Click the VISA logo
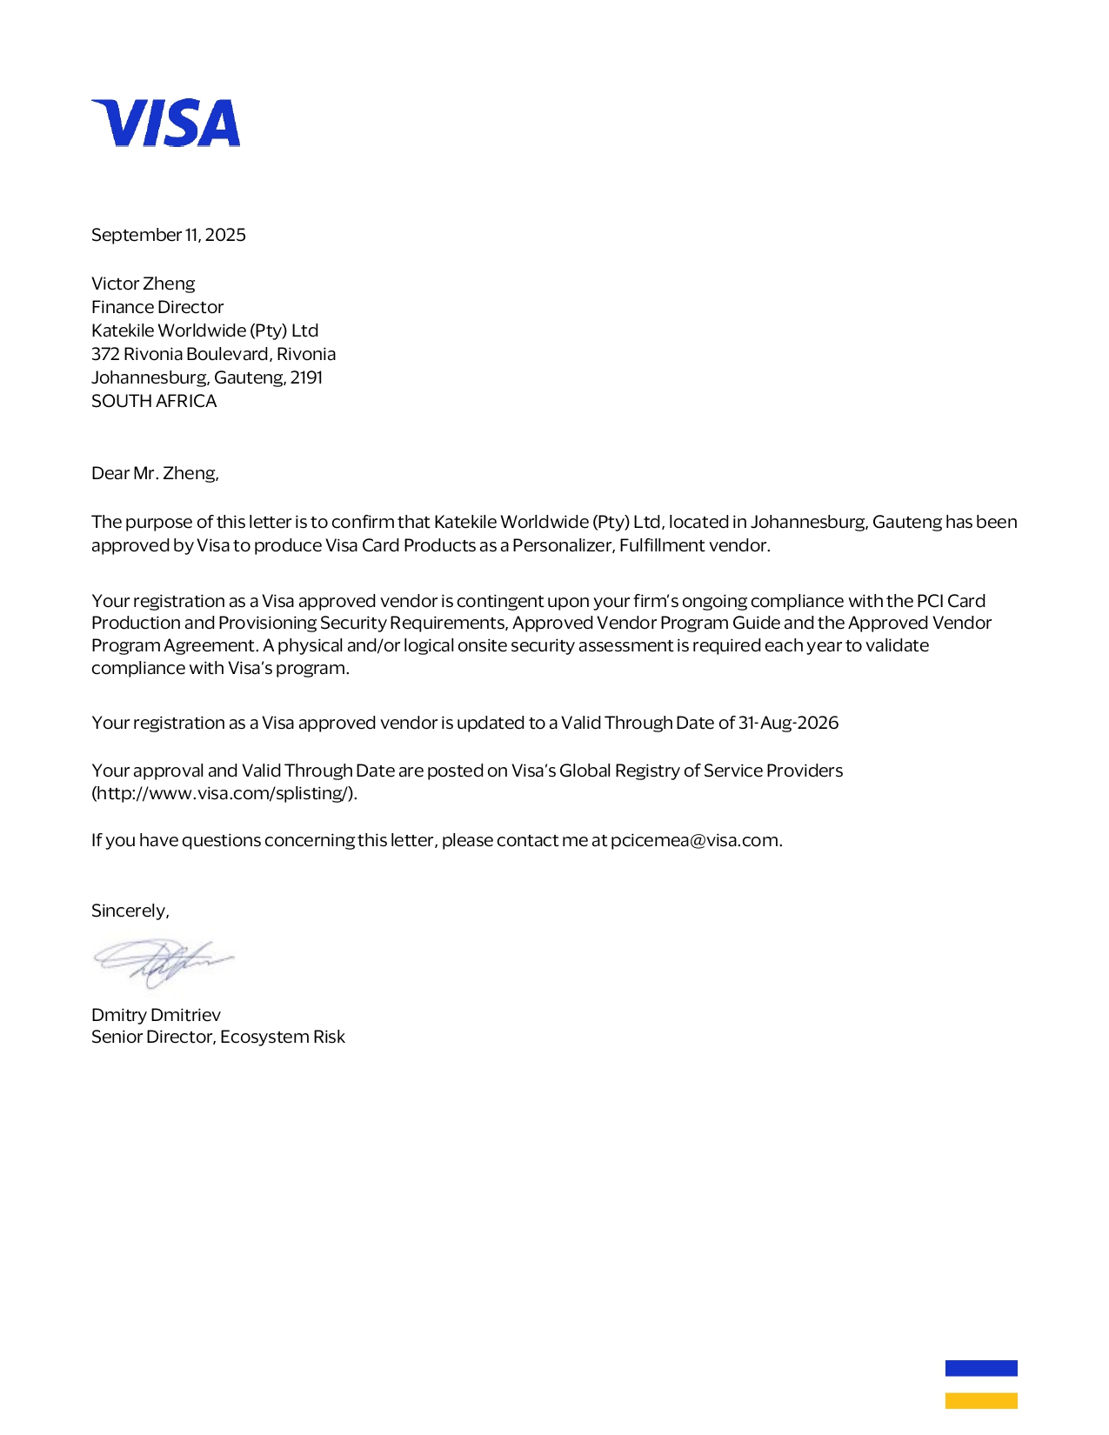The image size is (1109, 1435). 165,123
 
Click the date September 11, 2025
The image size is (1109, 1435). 169,235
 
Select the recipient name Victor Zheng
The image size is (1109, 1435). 144,284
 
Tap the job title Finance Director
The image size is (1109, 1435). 157,307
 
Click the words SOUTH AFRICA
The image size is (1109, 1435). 154,401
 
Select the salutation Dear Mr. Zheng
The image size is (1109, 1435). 155,473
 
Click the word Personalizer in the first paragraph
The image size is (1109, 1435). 561,545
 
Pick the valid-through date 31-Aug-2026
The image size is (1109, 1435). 788,723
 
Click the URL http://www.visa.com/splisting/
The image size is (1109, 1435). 224,793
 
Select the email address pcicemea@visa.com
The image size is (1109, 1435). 694,840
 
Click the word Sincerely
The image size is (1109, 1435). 130,911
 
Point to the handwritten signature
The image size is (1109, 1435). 163,961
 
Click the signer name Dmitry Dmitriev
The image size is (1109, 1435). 156,1015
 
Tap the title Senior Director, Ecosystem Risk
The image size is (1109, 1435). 218,1037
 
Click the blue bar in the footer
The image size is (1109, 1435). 981,1368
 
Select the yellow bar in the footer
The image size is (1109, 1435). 981,1400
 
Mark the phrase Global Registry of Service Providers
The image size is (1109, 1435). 701,771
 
